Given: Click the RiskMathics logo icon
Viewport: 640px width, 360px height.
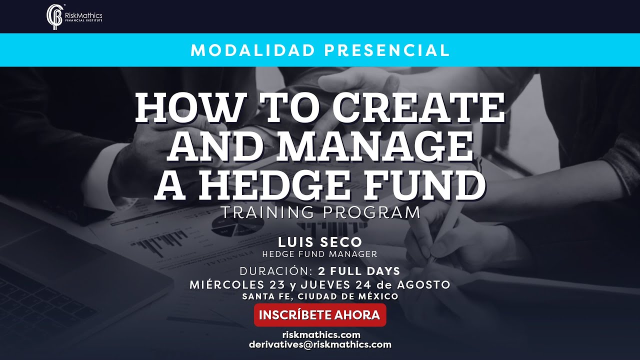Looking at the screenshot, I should (x=54, y=17).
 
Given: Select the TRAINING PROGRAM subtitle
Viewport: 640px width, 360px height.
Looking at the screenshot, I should (x=320, y=212).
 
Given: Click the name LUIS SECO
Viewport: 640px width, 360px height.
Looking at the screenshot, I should (x=320, y=242).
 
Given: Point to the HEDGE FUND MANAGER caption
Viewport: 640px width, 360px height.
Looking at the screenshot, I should (x=320, y=254).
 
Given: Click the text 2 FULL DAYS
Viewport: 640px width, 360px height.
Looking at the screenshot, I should (x=359, y=271).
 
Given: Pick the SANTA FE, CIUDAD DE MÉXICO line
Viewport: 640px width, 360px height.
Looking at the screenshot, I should (x=320, y=296).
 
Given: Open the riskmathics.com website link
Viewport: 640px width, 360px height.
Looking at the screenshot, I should (x=320, y=335).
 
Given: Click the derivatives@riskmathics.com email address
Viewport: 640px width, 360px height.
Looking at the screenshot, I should (x=320, y=344).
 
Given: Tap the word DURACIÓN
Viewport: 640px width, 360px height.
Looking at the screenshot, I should (x=276, y=271).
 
